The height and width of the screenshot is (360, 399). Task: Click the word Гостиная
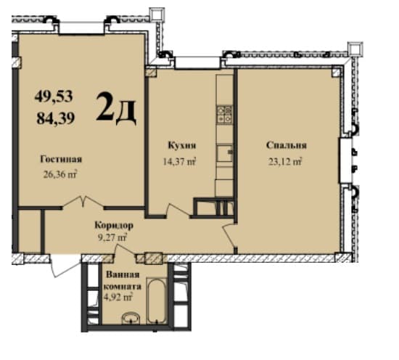60,160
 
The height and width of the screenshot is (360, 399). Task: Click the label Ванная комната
121,280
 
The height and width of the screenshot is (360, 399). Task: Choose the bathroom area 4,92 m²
118,296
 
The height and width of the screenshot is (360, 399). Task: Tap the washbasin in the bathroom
131,317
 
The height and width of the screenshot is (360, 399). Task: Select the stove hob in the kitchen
225,112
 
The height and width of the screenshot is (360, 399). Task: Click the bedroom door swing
229,234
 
